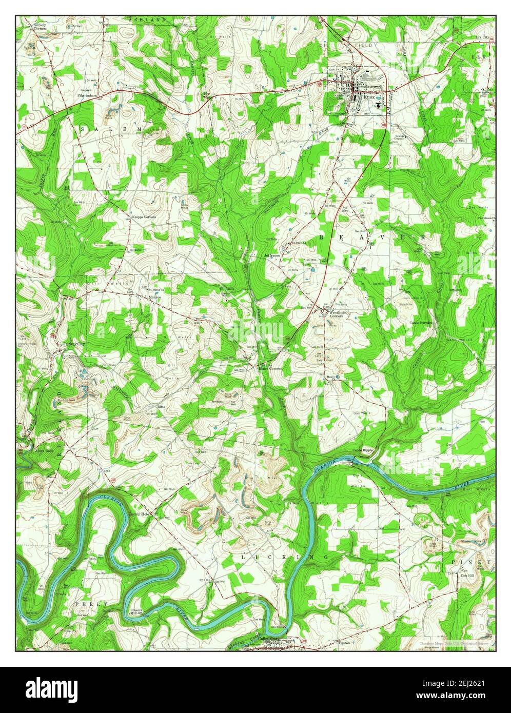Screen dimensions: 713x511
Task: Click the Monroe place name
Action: click(155, 297)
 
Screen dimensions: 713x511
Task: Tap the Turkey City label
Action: click(73, 344)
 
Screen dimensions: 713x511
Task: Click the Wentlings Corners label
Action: click(339, 314)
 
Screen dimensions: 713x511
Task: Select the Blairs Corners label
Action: click(271, 368)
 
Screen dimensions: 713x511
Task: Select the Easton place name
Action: click(344, 642)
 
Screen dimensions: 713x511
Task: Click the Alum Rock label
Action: click(43, 451)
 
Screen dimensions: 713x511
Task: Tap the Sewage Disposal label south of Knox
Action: click(401, 137)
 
